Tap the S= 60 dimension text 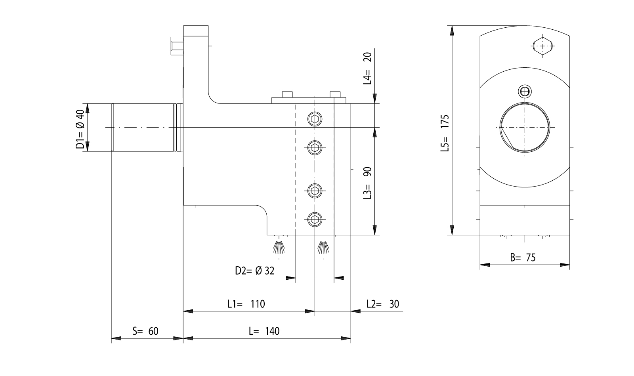(145, 331)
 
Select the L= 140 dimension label (264, 331)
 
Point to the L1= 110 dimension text (246, 304)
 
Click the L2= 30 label (383, 304)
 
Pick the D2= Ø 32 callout (254, 271)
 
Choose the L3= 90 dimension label (368, 183)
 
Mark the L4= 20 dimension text (368, 68)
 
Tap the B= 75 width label (523, 258)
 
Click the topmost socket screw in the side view (315, 118)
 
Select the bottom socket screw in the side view (315, 218)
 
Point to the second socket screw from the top (315, 148)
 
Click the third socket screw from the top (315, 191)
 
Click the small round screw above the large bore (525, 92)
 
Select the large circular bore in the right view (525, 127)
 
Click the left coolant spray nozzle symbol (279, 247)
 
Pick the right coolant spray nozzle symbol (323, 247)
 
